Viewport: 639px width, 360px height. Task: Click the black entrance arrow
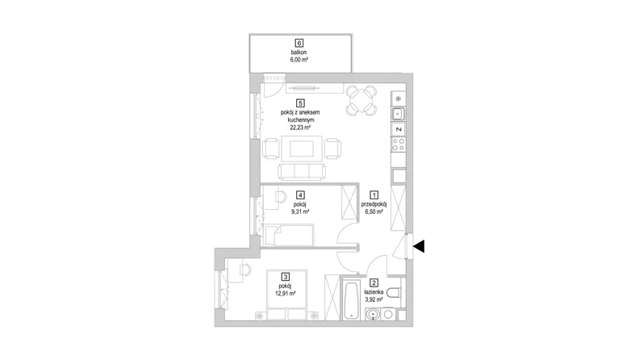tap(419, 246)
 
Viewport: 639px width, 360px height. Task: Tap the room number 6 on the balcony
tap(300, 43)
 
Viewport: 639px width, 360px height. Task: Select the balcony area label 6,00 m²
tap(299, 60)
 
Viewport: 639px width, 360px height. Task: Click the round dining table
tap(361, 100)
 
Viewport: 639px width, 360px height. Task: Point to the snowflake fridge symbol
tap(399, 98)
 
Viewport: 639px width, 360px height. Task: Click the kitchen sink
tap(398, 114)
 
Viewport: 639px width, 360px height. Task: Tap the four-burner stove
tap(398, 144)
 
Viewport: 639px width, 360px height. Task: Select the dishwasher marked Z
tap(399, 129)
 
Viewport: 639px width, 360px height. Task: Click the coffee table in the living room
tap(302, 149)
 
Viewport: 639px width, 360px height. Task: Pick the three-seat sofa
tap(302, 172)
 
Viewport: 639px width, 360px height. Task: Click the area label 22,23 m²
tap(300, 128)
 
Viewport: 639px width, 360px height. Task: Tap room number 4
tap(301, 195)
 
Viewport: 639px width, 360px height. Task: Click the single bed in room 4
tap(289, 235)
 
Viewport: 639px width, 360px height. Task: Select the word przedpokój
tap(374, 204)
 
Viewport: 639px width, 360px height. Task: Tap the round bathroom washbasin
tap(373, 314)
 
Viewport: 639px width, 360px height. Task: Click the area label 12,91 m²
tap(286, 293)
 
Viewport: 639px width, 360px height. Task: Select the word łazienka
tap(374, 292)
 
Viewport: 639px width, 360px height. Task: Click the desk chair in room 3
tap(245, 269)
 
